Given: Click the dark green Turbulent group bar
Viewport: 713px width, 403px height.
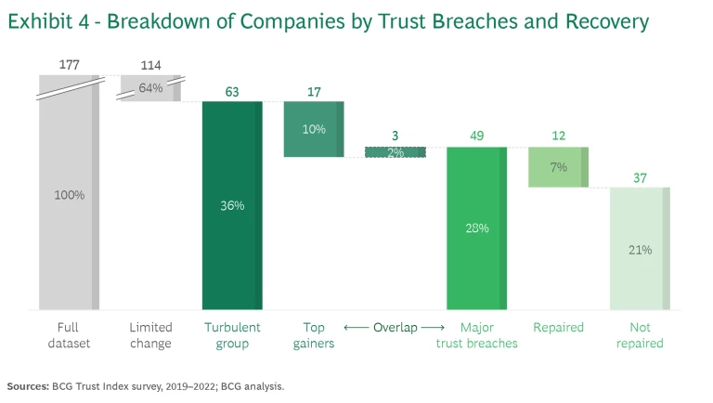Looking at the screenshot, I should click(x=232, y=205).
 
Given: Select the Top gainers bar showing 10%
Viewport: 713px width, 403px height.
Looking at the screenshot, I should click(x=314, y=129).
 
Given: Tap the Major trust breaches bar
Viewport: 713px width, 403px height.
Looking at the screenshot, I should click(x=477, y=227).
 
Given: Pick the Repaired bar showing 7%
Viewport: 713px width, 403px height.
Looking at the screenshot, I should click(x=558, y=167).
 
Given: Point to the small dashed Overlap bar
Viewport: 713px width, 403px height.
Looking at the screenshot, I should click(x=395, y=152).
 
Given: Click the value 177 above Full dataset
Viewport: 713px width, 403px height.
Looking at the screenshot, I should click(x=69, y=65).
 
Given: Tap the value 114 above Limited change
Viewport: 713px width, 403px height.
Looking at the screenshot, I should click(x=150, y=65).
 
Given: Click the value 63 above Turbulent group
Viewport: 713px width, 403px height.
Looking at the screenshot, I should click(x=232, y=92).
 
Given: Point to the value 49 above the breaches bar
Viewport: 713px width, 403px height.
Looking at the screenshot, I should click(x=477, y=136).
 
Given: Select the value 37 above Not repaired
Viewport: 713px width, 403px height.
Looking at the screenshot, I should click(x=640, y=177).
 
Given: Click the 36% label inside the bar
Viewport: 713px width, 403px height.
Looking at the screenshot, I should click(x=232, y=205).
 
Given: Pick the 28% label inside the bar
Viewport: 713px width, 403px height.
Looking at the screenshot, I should click(x=477, y=227).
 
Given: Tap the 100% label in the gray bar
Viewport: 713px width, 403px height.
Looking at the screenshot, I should click(x=69, y=195).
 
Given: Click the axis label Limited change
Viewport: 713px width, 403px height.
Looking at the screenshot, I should click(x=150, y=335).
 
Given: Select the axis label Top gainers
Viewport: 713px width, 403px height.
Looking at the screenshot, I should click(x=314, y=335).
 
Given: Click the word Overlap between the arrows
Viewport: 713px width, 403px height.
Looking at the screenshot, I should click(x=395, y=328).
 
